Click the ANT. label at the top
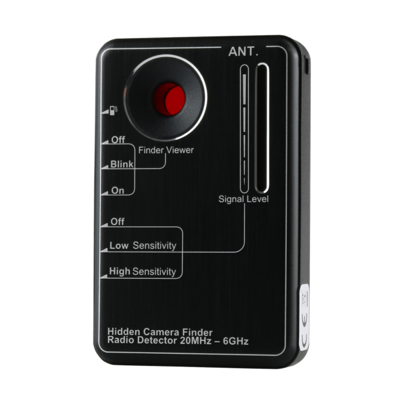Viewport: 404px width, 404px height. click(x=243, y=52)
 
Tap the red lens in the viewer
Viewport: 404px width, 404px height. click(x=169, y=98)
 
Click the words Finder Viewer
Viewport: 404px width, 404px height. click(x=166, y=150)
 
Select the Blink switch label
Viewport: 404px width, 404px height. click(x=122, y=165)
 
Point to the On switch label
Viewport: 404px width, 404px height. click(x=118, y=191)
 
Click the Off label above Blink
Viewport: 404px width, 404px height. click(x=118, y=140)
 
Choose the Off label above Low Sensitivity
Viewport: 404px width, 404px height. click(x=117, y=222)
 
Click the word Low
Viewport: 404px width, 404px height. click(x=119, y=245)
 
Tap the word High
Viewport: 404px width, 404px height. click(x=120, y=271)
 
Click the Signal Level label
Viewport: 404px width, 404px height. click(x=243, y=199)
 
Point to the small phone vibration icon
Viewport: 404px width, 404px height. click(x=113, y=110)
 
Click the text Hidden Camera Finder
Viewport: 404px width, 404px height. click(x=160, y=332)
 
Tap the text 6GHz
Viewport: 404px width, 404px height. click(x=236, y=341)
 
